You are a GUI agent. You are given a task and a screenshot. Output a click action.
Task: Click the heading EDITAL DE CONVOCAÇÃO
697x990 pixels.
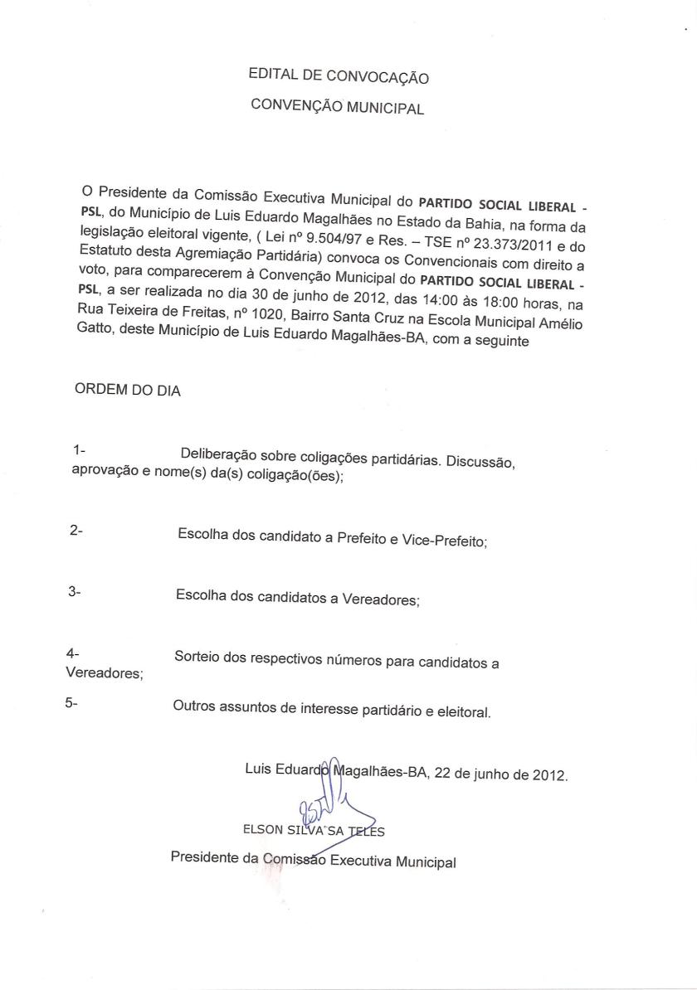pyautogui.click(x=339, y=76)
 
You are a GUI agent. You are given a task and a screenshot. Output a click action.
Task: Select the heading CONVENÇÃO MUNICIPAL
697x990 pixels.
pyautogui.click(x=338, y=108)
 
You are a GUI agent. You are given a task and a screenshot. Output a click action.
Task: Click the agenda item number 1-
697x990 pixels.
pyautogui.click(x=80, y=450)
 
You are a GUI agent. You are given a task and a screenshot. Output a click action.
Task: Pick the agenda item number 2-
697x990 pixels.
pyautogui.click(x=76, y=529)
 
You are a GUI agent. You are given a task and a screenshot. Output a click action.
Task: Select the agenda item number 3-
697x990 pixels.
pyautogui.click(x=74, y=593)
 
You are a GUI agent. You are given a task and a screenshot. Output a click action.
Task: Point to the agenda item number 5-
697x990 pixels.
pyautogui.click(x=71, y=703)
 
